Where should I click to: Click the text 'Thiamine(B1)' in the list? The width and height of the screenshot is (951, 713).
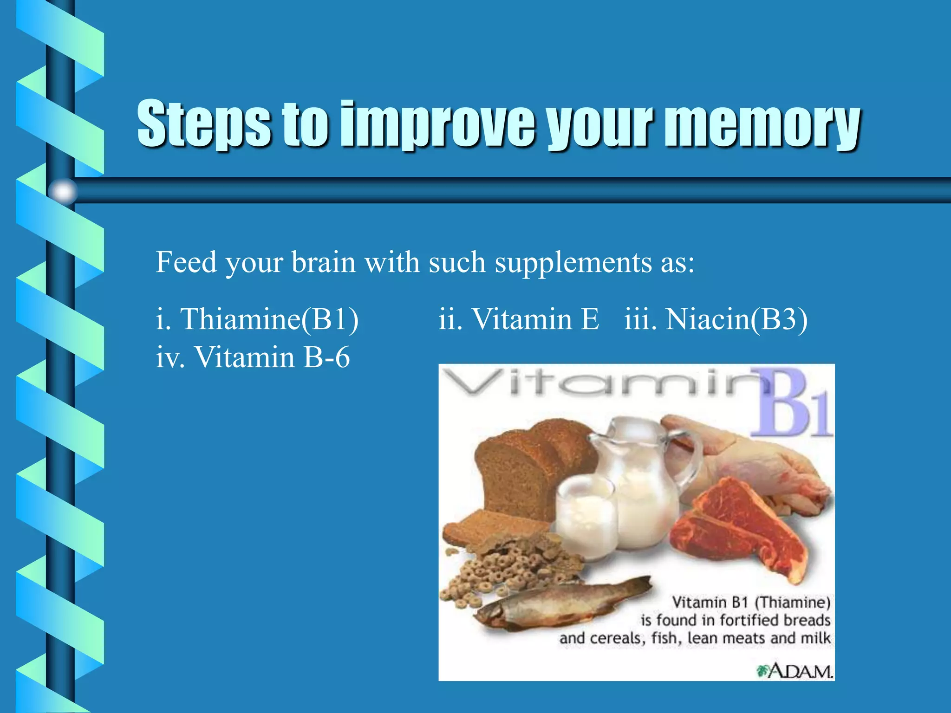click(269, 319)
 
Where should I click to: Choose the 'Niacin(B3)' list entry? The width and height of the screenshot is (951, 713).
click(736, 319)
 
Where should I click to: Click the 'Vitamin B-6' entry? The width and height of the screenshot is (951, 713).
click(272, 357)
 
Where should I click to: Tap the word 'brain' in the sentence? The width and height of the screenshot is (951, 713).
click(323, 262)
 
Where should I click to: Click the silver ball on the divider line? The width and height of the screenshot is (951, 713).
click(63, 191)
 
